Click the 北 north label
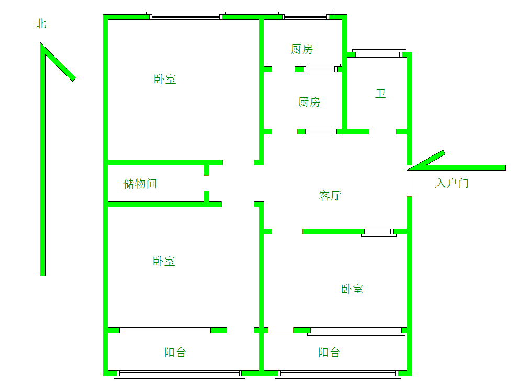tap(41, 24)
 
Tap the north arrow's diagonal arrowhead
tap(59, 62)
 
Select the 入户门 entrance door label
tap(452, 184)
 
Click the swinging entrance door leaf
tap(427, 160)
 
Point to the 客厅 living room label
tap(330, 196)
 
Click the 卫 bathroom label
tap(380, 94)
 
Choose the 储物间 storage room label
tap(140, 184)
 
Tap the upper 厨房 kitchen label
tap(302, 50)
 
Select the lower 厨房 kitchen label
tap(309, 103)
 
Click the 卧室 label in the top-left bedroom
tap(165, 80)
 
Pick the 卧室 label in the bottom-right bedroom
tap(352, 289)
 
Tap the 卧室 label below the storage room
tap(164, 262)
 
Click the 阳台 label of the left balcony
tap(175, 353)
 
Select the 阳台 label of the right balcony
tap(329, 353)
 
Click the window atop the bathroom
tap(379, 53)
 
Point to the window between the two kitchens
tap(320, 68)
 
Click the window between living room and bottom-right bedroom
tap(378, 232)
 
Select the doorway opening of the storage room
tap(207, 184)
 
